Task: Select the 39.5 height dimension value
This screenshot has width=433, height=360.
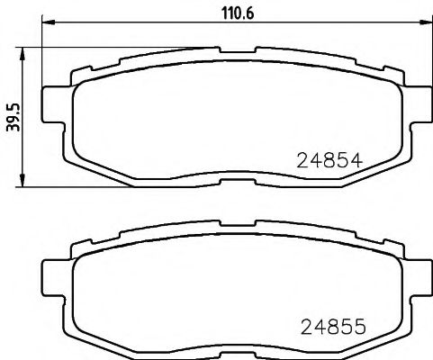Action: pos(13,117)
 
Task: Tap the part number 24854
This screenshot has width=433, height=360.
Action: pos(329,161)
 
